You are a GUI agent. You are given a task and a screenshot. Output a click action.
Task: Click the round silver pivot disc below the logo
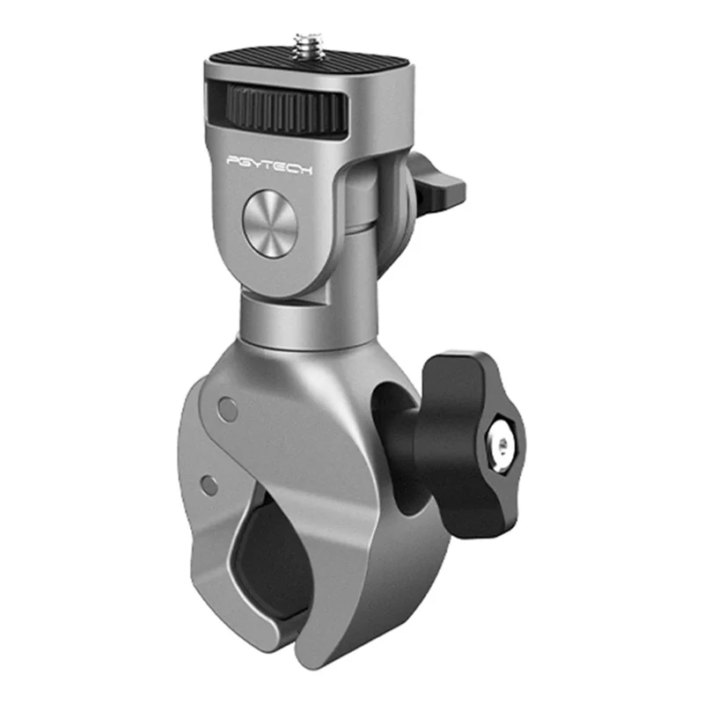(x=269, y=225)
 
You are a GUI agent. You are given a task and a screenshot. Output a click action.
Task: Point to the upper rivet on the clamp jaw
(x=228, y=407)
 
